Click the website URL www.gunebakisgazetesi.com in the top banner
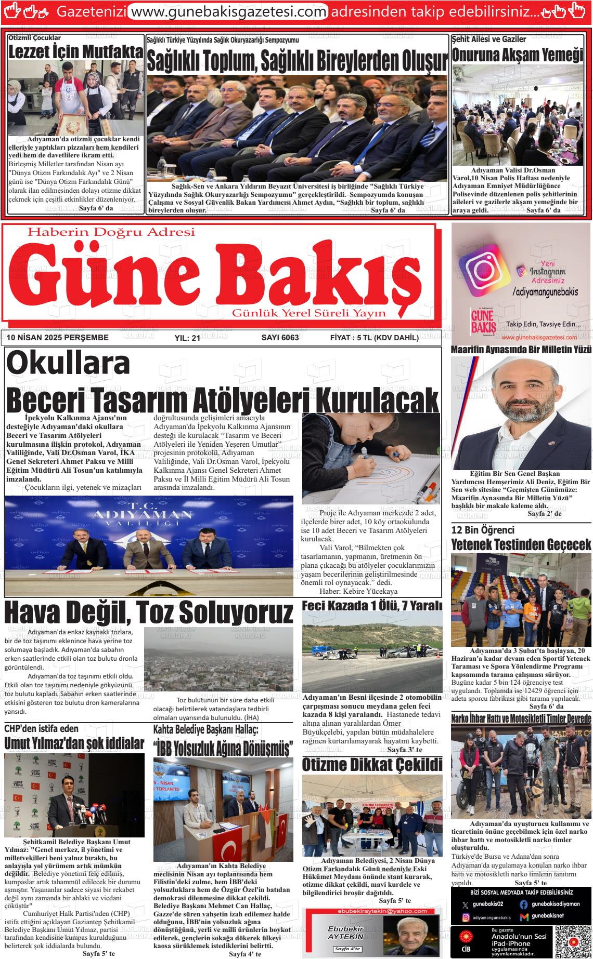(228, 11)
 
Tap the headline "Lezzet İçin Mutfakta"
(76, 51)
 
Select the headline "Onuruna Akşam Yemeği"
(518, 55)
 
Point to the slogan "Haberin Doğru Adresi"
(111, 232)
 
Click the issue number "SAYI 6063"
(279, 338)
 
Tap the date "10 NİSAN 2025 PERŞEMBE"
(58, 338)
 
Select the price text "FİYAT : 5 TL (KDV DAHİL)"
(374, 338)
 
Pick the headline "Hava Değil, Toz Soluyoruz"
(149, 612)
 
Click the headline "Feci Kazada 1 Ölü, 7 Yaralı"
(372, 606)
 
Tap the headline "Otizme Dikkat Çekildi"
(372, 765)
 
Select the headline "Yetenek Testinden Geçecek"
(521, 544)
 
